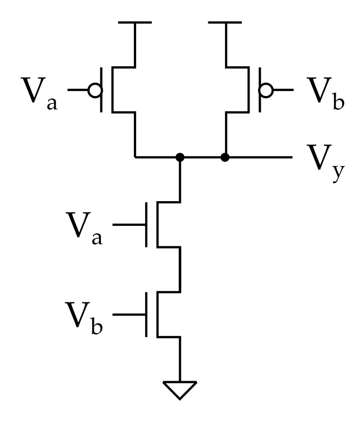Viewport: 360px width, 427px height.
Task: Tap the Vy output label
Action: [325, 163]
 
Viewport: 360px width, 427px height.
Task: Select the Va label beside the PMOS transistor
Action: [39, 93]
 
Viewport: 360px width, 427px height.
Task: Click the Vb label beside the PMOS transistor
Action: [325, 93]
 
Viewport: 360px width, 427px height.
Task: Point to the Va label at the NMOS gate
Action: [84, 229]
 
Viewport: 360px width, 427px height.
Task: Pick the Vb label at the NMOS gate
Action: [84, 318]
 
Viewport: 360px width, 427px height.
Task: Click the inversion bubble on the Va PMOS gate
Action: [95, 90]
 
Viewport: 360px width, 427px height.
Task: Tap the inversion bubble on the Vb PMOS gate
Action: [266, 90]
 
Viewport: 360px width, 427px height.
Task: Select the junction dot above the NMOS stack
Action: [180, 157]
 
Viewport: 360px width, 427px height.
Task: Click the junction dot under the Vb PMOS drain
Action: [225, 157]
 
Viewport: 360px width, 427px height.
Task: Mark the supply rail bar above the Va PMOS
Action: [135, 22]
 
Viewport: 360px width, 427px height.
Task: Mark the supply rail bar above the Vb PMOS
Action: [225, 22]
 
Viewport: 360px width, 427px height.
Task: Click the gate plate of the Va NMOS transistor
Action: [146, 225]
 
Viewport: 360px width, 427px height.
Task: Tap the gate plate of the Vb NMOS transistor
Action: [146, 314]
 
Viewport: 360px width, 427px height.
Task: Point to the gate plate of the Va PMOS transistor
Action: [101, 90]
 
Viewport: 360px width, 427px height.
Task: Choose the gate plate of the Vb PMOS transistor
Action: [260, 90]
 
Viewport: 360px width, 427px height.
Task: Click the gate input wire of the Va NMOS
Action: [129, 225]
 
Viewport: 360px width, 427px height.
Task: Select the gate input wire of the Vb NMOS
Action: [129, 314]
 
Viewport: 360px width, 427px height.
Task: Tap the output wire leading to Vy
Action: [259, 157]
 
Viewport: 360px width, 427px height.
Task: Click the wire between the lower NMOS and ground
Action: [180, 359]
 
